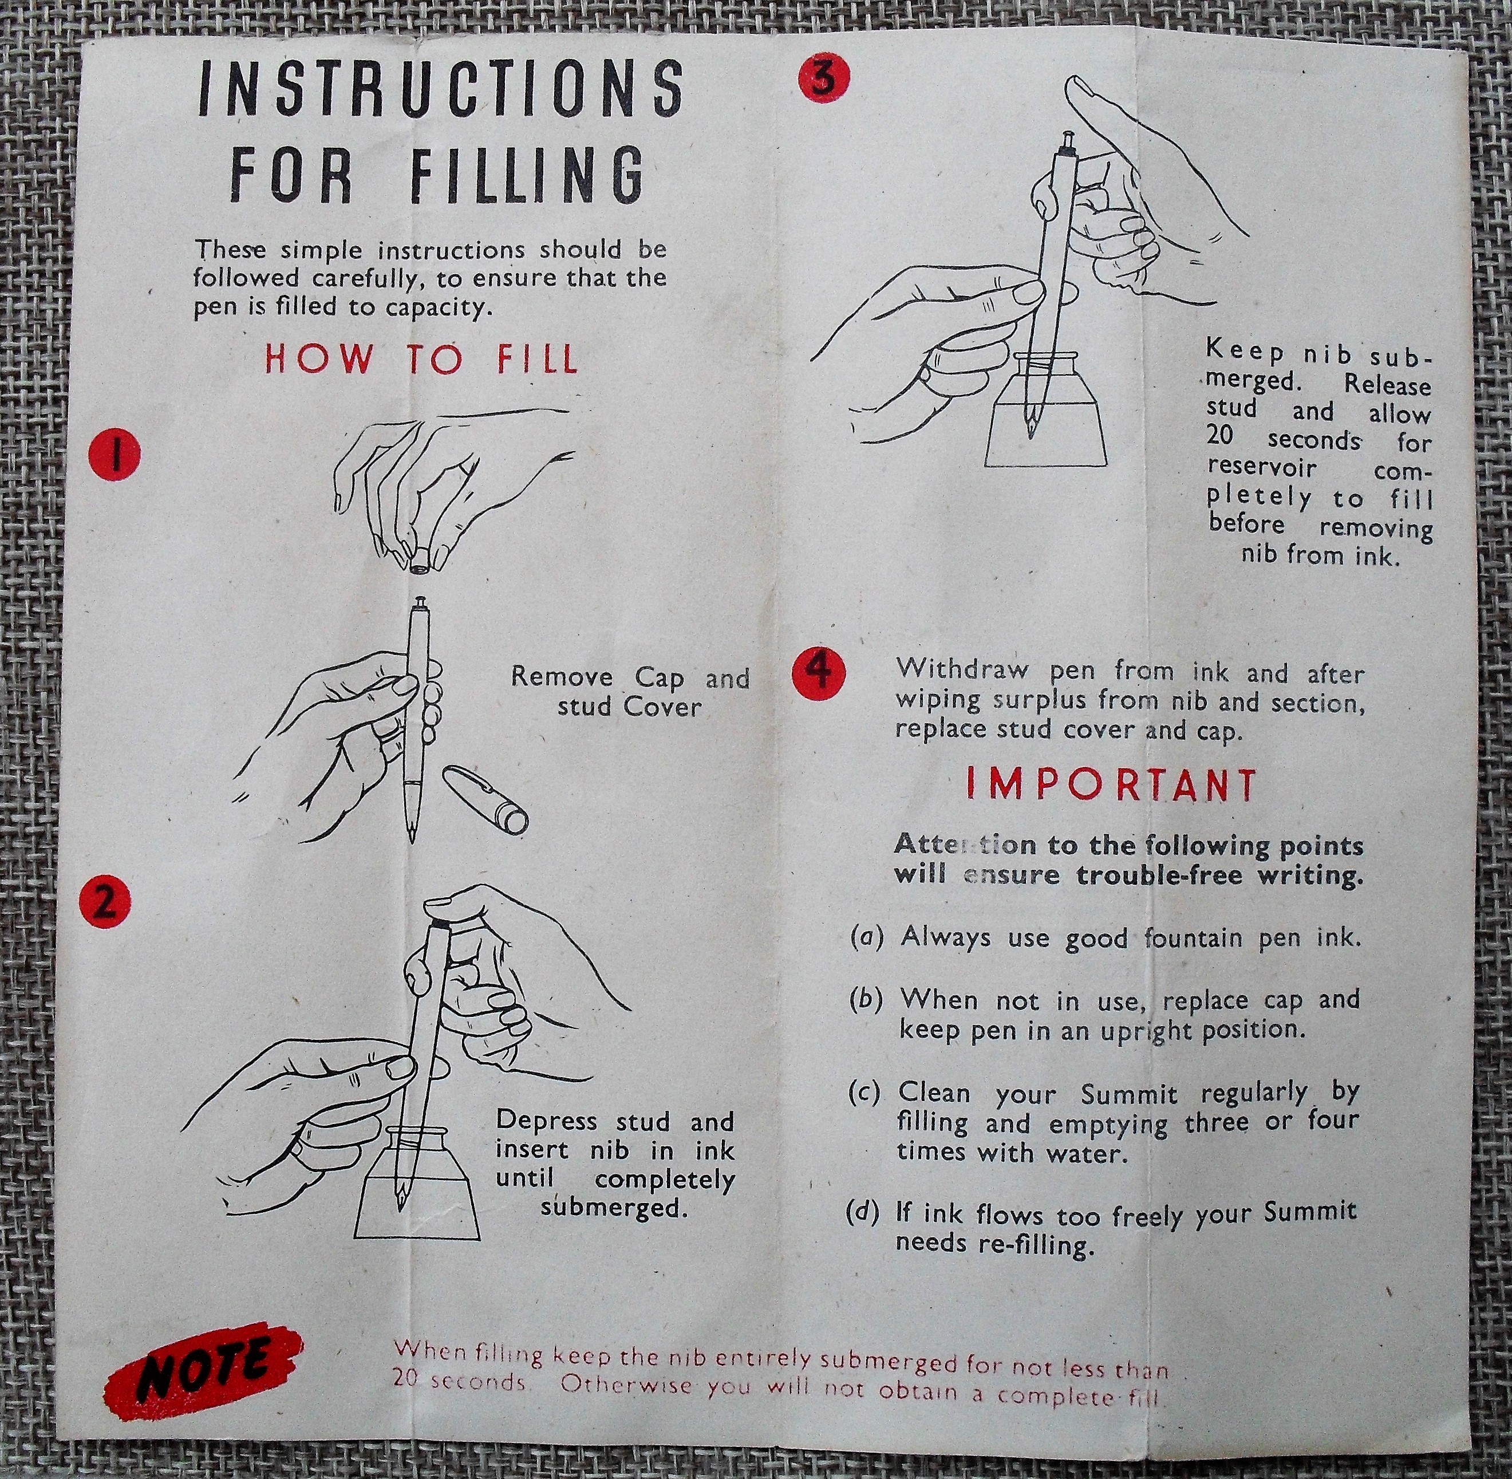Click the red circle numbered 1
click(x=115, y=457)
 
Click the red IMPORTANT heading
click(x=1111, y=787)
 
